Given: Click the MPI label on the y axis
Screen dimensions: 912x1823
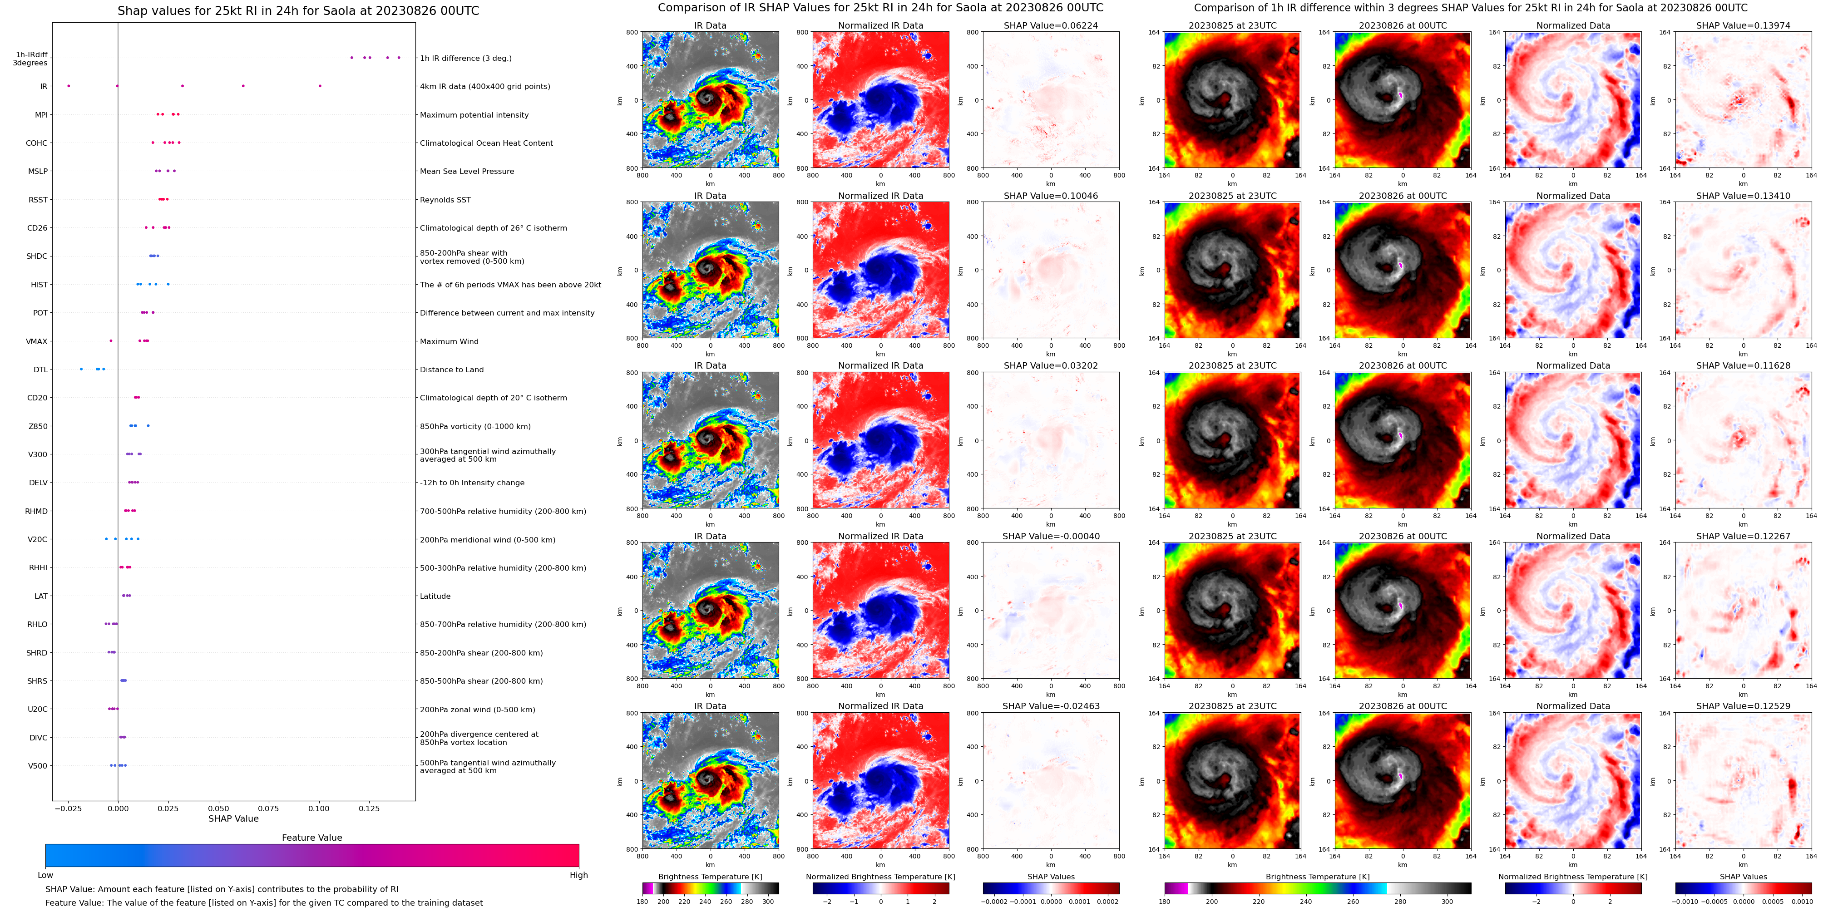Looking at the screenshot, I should pyautogui.click(x=41, y=114).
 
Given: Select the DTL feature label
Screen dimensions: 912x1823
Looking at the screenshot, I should pyautogui.click(x=40, y=370).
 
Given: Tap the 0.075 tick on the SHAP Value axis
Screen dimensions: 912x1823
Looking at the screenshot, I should pyautogui.click(x=268, y=808).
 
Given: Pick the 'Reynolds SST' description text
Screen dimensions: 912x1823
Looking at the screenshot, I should pyautogui.click(x=445, y=200).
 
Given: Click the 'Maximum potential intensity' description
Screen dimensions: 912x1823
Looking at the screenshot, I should pyautogui.click(x=474, y=114).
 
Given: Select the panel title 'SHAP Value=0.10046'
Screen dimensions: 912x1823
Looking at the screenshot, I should pyautogui.click(x=1050, y=196).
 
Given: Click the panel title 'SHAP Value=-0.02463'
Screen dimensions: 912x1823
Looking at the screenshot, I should pyautogui.click(x=1050, y=706).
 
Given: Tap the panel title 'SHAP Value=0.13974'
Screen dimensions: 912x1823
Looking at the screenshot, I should pyautogui.click(x=1743, y=25).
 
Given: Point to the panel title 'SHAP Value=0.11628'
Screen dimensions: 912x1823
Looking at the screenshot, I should pyautogui.click(x=1743, y=366).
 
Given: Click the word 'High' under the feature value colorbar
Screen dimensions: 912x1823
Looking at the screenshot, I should pyautogui.click(x=578, y=875).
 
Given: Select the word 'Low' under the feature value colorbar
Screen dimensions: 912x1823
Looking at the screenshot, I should pyautogui.click(x=45, y=875).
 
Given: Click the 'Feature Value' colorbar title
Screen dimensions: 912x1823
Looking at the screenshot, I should pyautogui.click(x=311, y=838).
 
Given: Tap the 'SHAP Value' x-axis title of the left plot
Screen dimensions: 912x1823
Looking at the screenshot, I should pyautogui.click(x=233, y=818).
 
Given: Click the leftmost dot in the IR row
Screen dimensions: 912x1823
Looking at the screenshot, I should pyautogui.click(x=69, y=86).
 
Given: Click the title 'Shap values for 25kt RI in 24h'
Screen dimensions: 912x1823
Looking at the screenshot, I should pyautogui.click(x=298, y=10).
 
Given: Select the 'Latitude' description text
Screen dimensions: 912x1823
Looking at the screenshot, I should pyautogui.click(x=435, y=596).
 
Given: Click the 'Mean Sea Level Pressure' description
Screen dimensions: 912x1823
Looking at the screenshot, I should pyautogui.click(x=466, y=171).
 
